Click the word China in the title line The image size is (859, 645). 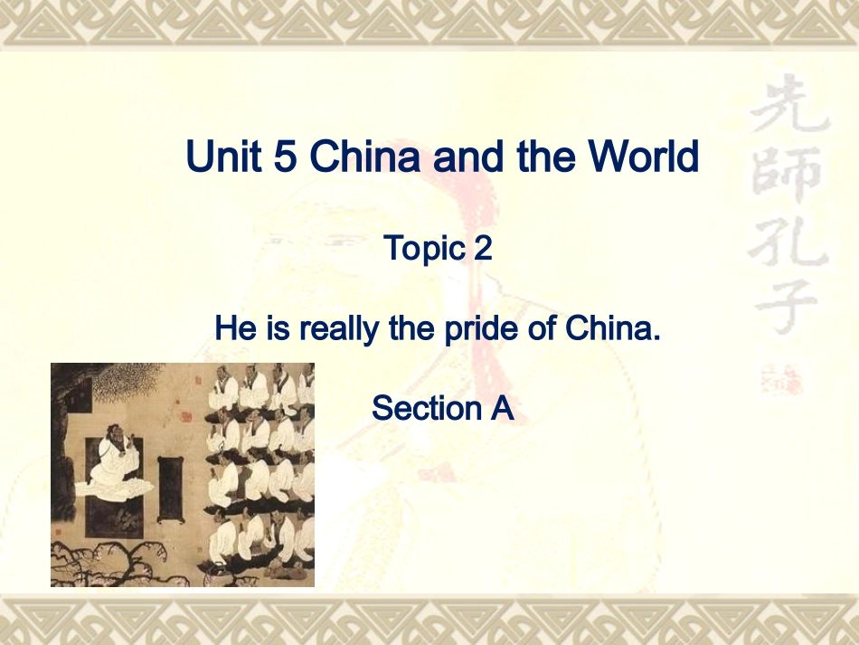pos(365,157)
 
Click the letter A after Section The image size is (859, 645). pos(502,408)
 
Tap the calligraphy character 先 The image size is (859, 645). pos(788,109)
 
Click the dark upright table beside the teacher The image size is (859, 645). pos(170,488)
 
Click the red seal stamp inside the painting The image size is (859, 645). pos(186,417)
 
